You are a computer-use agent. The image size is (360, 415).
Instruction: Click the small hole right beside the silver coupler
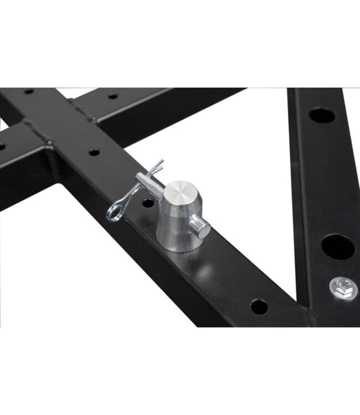(x=148, y=203)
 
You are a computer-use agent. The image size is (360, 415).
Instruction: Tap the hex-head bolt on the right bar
(x=343, y=288)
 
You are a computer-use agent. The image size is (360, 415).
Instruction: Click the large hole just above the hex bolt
(x=337, y=247)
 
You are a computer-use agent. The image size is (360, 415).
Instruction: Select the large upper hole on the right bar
(x=322, y=115)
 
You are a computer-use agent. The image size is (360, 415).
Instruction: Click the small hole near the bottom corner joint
(x=259, y=306)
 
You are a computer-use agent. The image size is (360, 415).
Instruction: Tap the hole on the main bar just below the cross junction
(x=94, y=152)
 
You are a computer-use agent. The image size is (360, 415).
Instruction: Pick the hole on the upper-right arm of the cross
(x=113, y=96)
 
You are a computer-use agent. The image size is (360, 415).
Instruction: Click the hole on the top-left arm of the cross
(x=28, y=91)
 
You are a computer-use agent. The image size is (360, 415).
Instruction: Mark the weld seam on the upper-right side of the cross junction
(x=83, y=111)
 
